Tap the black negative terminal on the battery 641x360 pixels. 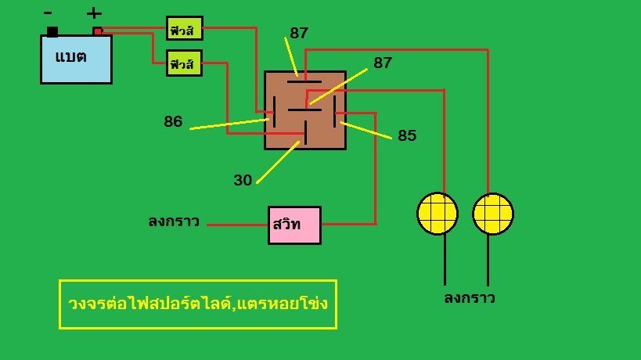[x=52, y=31]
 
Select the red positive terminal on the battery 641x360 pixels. [x=97, y=31]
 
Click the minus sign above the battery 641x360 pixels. [x=48, y=13]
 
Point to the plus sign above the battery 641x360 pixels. [x=94, y=13]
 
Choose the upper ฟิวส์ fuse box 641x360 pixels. [x=185, y=29]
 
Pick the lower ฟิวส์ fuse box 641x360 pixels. [x=185, y=63]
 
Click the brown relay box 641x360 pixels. [x=304, y=110]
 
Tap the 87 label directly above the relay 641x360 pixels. [x=299, y=34]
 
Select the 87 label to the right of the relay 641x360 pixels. [x=383, y=63]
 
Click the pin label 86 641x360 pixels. [x=173, y=122]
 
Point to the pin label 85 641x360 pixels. [x=407, y=135]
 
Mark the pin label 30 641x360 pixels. [x=243, y=180]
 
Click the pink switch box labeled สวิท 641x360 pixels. [x=294, y=225]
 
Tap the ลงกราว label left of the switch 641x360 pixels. [x=174, y=222]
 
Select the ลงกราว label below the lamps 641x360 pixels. [x=470, y=298]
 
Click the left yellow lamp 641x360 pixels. [x=437, y=213]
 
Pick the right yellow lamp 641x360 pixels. [x=493, y=213]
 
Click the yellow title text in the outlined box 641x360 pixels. [x=198, y=303]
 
